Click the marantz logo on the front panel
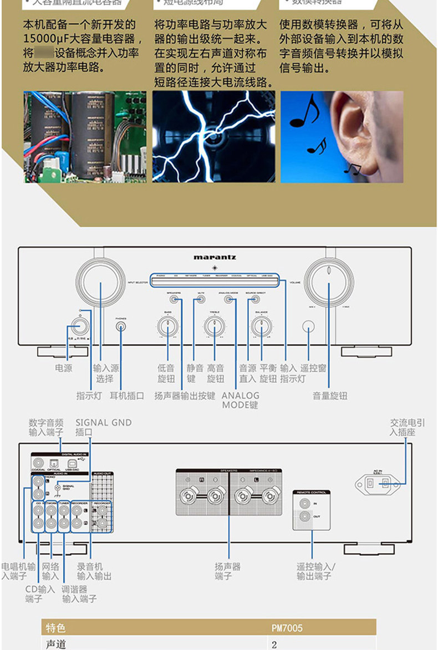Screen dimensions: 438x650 [x=215, y=257]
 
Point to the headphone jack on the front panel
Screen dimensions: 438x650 [x=121, y=326]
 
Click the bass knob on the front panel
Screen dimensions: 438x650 [x=167, y=326]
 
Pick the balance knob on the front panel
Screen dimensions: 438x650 [x=261, y=326]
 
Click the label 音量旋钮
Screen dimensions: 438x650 [x=330, y=396]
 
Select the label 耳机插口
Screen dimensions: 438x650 [x=126, y=396]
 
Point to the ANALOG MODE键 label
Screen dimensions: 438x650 [x=240, y=400]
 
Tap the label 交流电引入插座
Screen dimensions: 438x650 [x=407, y=427]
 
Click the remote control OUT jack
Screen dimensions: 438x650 [x=305, y=518]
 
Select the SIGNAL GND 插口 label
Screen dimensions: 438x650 [x=104, y=427]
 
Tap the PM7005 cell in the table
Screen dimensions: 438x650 [x=287, y=628]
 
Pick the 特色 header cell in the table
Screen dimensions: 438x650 [x=55, y=628]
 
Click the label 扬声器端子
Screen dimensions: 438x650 [x=227, y=571]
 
